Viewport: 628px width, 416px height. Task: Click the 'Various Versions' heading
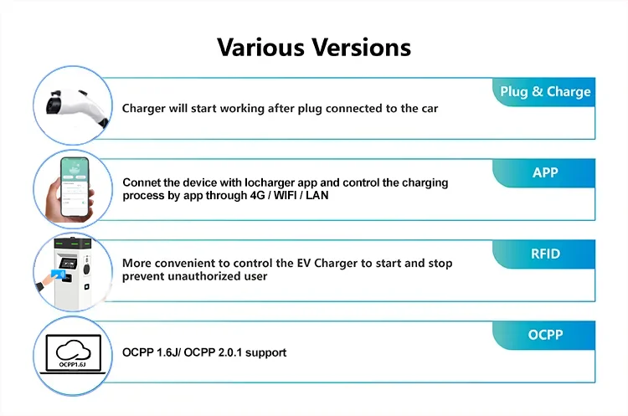pyautogui.click(x=314, y=46)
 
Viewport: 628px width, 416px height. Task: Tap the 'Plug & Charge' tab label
pyautogui.click(x=545, y=92)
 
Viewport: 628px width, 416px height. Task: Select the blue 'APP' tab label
pyautogui.click(x=545, y=173)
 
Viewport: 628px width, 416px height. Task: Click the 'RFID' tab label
pyautogui.click(x=545, y=254)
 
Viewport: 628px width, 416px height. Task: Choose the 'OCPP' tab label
pyautogui.click(x=545, y=335)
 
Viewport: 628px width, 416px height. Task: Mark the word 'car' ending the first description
pyautogui.click(x=427, y=109)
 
